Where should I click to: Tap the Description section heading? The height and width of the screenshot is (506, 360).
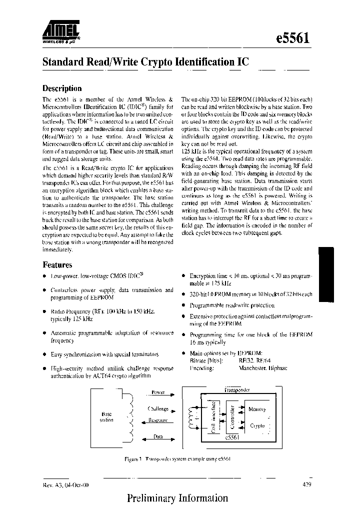pos(62,88)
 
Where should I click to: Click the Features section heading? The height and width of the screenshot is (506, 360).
pos(57,265)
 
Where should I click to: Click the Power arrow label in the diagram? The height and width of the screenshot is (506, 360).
pos(157,392)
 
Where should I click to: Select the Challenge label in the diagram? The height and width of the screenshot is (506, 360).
pos(157,408)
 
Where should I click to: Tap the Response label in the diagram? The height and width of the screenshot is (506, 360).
pos(157,420)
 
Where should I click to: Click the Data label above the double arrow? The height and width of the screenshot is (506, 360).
pos(158,436)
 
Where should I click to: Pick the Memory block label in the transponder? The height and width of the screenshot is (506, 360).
pos(257,409)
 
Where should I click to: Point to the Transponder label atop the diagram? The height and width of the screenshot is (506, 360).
pos(237,389)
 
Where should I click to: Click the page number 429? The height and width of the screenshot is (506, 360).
pos(308,484)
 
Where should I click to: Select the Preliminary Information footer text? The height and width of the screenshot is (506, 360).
pos(177,498)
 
